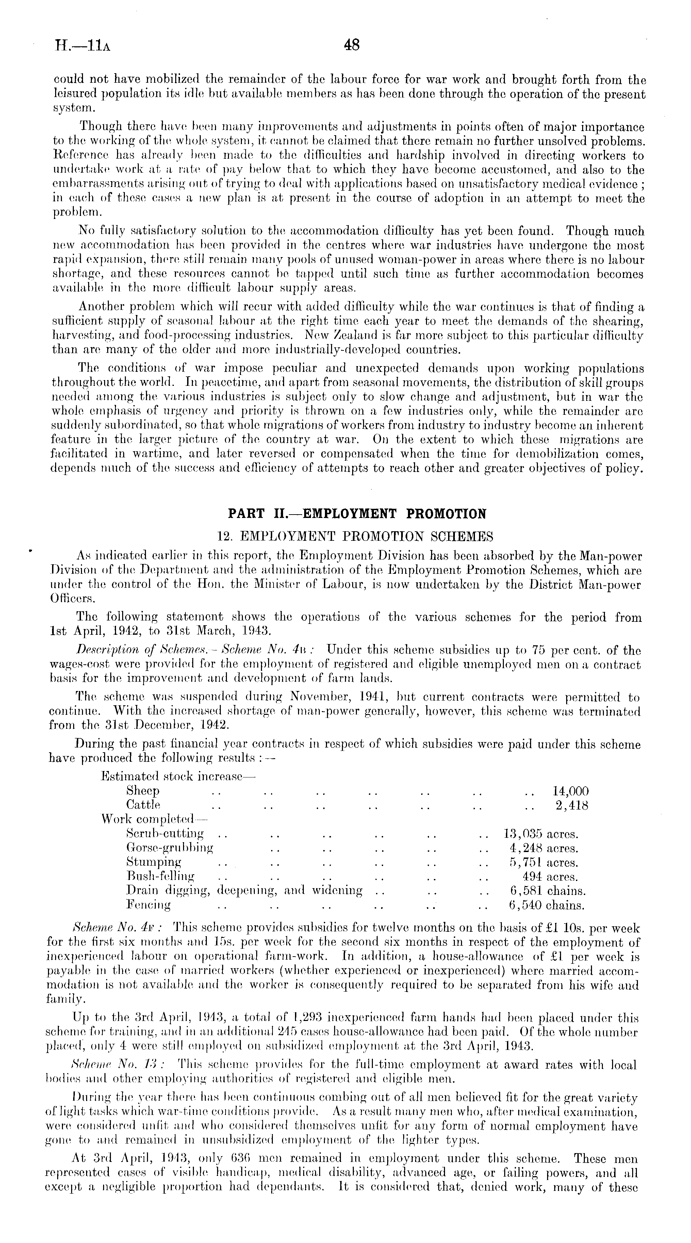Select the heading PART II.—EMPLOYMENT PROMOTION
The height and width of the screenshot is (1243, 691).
tap(357, 514)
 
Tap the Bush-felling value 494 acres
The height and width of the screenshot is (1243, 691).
tap(550, 876)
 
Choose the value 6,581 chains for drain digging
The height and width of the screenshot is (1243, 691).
tap(547, 890)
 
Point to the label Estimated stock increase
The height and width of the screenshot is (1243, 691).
tap(178, 776)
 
